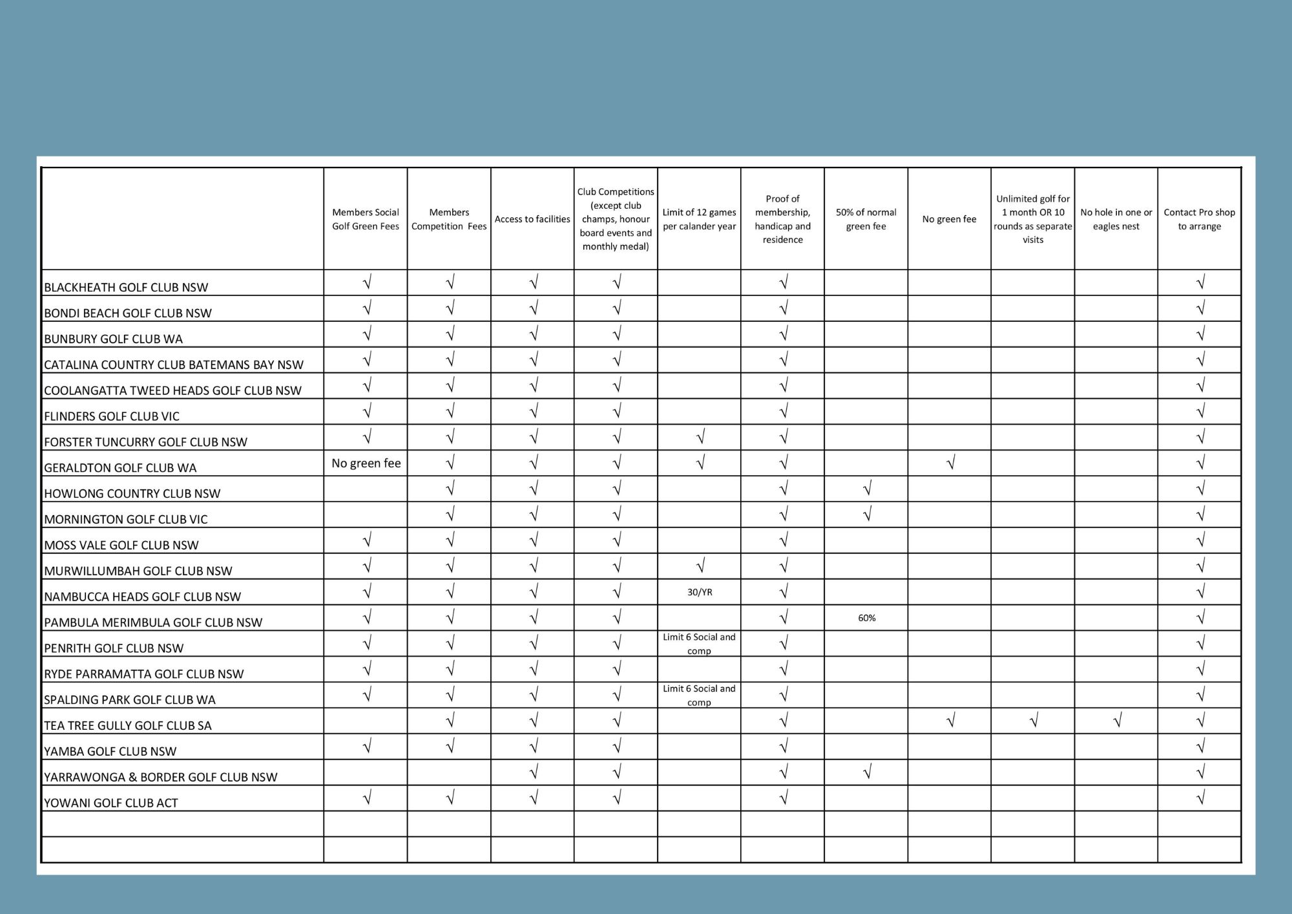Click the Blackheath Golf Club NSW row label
tap(126, 287)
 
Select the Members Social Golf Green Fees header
tap(366, 219)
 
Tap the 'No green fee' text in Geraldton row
tap(366, 463)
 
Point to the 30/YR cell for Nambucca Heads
tap(700, 592)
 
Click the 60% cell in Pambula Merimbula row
tap(866, 618)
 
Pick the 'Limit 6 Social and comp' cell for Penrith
tap(699, 644)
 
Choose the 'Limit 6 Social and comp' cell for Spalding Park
tap(699, 696)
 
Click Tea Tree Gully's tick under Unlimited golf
tap(1034, 720)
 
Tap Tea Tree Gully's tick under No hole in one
tap(1117, 720)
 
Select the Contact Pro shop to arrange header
tap(1199, 219)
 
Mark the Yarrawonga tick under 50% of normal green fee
tap(867, 772)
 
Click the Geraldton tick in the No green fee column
tap(950, 463)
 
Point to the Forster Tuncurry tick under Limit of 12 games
tap(700, 438)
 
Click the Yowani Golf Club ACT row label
tap(111, 803)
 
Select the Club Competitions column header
tap(616, 219)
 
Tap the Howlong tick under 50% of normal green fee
tap(867, 489)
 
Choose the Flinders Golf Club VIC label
tap(112, 416)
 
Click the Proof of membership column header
tap(782, 219)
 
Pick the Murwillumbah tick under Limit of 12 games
tap(700, 566)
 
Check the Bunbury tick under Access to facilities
tap(534, 334)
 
